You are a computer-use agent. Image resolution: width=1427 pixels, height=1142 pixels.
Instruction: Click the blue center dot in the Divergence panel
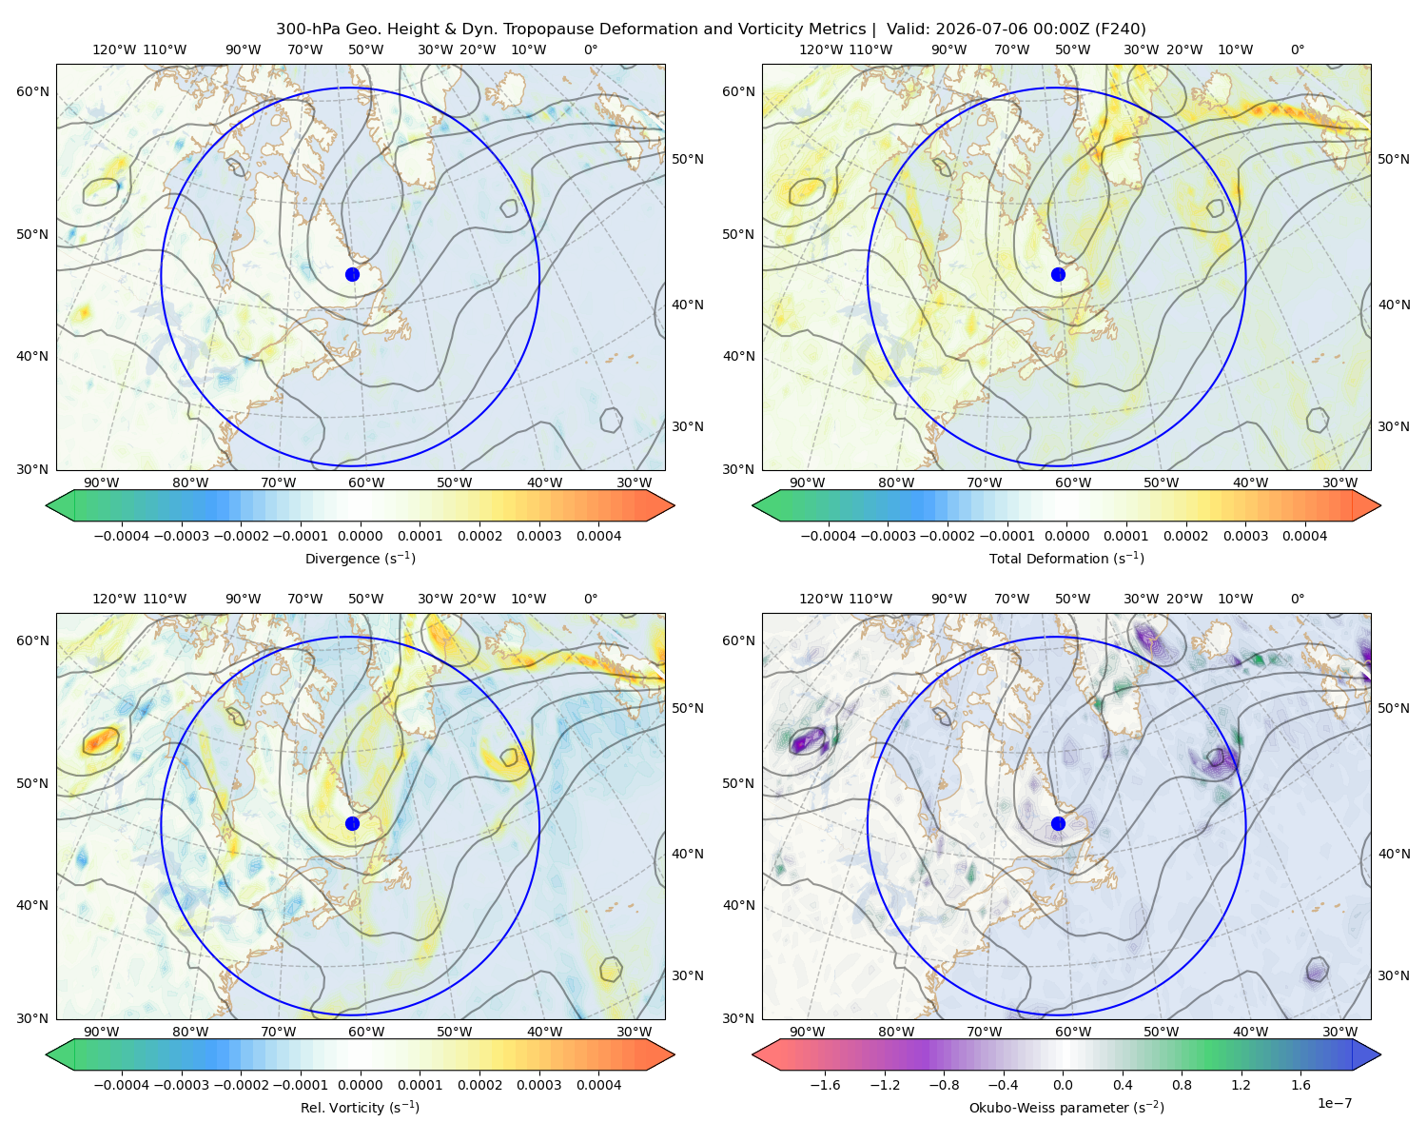[x=352, y=274]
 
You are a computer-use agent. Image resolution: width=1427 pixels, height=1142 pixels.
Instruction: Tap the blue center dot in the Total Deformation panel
[x=1058, y=274]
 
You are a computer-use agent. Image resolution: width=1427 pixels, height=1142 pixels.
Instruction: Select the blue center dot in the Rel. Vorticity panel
[x=352, y=823]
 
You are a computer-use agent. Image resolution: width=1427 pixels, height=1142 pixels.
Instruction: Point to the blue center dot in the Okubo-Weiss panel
[x=1058, y=823]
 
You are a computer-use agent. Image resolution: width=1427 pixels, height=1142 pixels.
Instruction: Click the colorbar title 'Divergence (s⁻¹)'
[x=360, y=558]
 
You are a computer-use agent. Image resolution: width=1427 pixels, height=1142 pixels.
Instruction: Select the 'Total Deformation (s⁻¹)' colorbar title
[x=1066, y=558]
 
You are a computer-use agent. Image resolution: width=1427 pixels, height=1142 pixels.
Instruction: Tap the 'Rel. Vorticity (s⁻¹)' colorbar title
[x=360, y=1107]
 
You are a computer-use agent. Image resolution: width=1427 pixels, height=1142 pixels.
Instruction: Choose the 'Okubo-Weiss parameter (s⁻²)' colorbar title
[x=1066, y=1107]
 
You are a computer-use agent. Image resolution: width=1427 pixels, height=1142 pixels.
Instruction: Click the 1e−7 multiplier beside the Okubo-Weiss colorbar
[x=1334, y=1103]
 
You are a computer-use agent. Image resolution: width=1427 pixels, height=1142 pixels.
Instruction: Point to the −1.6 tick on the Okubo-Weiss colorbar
[x=825, y=1084]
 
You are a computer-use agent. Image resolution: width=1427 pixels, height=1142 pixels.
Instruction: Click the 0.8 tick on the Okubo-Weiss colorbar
[x=1182, y=1084]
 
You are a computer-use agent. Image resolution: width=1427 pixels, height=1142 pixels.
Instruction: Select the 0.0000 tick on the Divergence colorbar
[x=360, y=536]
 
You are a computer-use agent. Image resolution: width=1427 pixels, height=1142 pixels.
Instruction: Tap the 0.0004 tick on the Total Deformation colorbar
[x=1304, y=536]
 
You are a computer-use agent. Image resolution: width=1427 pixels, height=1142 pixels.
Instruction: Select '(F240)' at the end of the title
[x=1121, y=30]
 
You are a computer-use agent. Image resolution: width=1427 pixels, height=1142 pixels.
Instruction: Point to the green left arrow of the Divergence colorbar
[x=60, y=505]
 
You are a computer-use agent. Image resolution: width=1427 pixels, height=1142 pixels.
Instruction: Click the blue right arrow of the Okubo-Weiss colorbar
[x=1367, y=1054]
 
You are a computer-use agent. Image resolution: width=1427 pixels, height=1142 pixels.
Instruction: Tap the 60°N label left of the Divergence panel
[x=32, y=91]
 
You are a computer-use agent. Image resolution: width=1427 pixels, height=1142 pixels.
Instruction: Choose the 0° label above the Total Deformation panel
[x=1297, y=49]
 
